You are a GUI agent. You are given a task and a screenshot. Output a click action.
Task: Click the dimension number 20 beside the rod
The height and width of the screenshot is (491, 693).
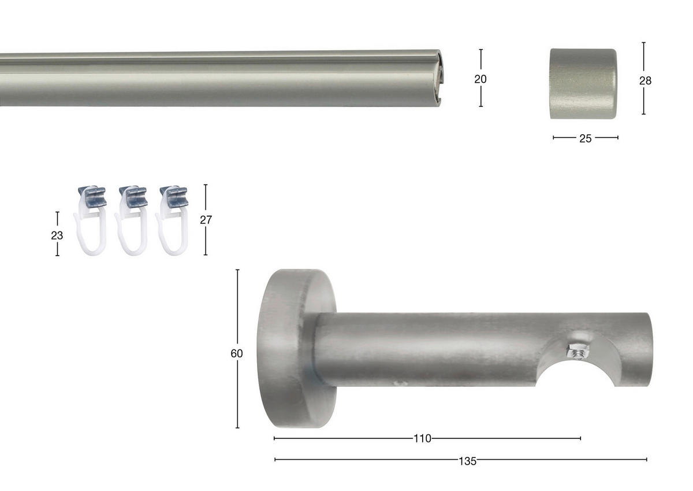click(x=480, y=79)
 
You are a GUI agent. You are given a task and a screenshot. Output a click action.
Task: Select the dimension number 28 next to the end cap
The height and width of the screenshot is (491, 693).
click(x=645, y=81)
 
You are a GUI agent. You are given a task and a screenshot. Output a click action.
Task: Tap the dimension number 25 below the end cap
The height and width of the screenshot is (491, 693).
click(x=585, y=138)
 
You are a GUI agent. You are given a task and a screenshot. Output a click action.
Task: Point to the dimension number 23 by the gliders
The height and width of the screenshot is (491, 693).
click(x=57, y=235)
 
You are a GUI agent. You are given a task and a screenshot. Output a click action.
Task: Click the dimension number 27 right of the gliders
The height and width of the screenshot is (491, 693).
click(x=206, y=220)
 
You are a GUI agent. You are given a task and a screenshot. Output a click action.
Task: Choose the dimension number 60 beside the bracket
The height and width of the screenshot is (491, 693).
click(x=236, y=353)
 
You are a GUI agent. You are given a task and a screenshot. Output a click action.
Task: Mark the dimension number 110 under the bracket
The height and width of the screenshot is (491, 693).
click(x=422, y=439)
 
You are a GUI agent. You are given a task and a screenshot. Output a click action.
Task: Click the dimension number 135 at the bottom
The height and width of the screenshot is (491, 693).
click(x=468, y=461)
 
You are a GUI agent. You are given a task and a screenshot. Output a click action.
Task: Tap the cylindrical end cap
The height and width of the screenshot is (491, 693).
click(x=583, y=84)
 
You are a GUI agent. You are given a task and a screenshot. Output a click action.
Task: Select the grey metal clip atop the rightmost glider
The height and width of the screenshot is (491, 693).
click(x=174, y=197)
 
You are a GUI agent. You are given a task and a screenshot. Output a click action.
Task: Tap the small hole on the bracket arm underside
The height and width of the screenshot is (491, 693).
click(x=396, y=382)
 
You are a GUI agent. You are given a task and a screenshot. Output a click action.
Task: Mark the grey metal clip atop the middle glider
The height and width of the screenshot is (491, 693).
click(x=133, y=197)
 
